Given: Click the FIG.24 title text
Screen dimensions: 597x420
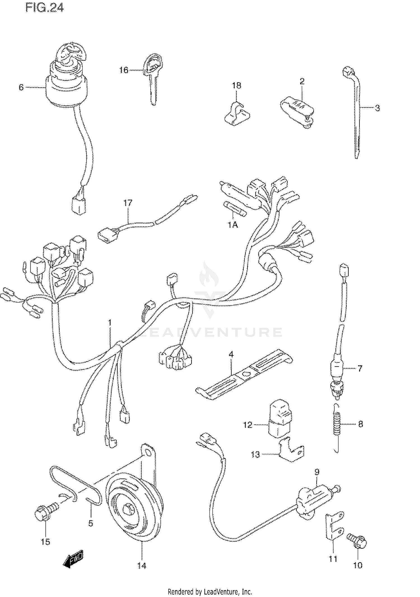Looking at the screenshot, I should tap(45, 8).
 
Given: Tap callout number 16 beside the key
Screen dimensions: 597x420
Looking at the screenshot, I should tap(123, 70).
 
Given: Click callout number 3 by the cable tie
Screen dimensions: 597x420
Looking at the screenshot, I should tap(377, 108).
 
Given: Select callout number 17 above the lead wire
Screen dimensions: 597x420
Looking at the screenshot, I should tap(128, 203).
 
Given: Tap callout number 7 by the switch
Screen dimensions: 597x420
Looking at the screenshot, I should tap(360, 368).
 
